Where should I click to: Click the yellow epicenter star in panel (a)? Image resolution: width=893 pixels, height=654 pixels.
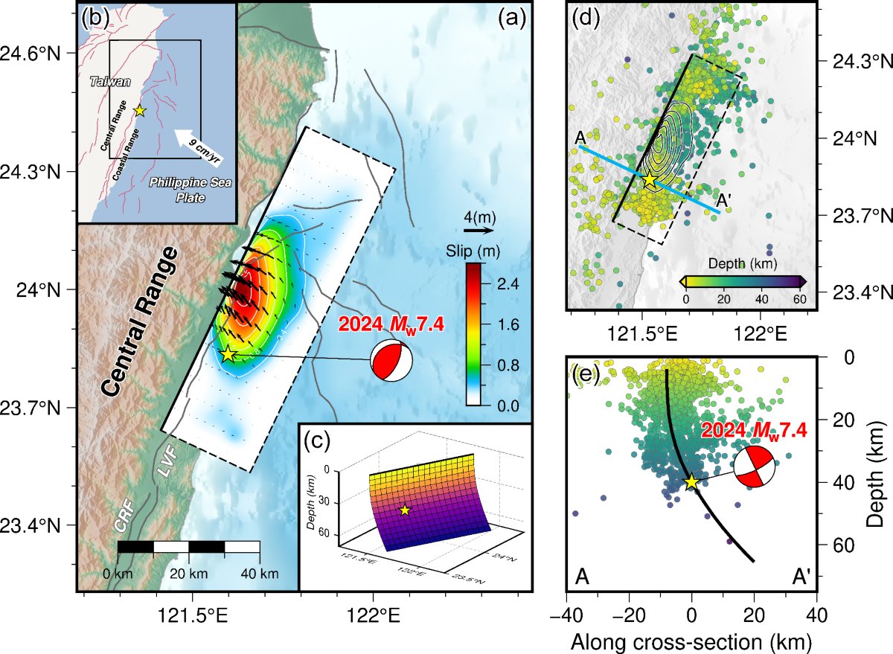[x=228, y=355]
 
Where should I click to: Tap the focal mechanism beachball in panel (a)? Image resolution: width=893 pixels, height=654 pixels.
[x=391, y=361]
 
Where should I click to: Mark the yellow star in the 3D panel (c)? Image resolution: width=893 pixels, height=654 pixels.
[x=405, y=510]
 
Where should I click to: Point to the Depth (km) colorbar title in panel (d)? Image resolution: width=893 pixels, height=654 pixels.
[x=743, y=263]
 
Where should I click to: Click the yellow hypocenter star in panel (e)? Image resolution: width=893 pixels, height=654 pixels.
[x=691, y=481]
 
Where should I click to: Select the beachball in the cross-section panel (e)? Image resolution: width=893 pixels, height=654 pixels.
[x=754, y=467]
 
